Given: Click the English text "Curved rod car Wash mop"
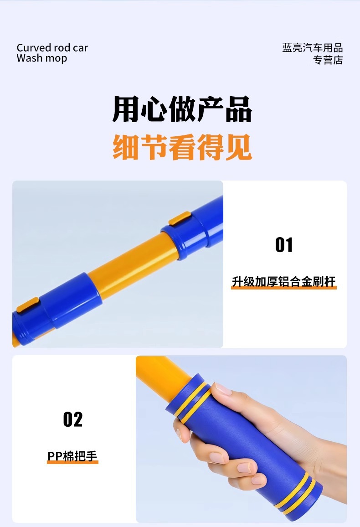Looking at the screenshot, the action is pyautogui.click(x=52, y=53).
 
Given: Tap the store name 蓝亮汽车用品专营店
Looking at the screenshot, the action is pyautogui.click(x=312, y=54).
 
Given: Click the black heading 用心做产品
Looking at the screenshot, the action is pyautogui.click(x=182, y=109).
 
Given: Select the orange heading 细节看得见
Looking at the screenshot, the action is pyautogui.click(x=182, y=147).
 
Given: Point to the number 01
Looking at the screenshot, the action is pyautogui.click(x=284, y=245).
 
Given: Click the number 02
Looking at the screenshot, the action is pyautogui.click(x=72, y=419).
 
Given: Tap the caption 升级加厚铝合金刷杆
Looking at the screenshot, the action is pyautogui.click(x=284, y=281).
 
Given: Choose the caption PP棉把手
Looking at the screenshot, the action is pyautogui.click(x=72, y=456).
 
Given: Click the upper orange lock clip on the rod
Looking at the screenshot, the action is pyautogui.click(x=180, y=218).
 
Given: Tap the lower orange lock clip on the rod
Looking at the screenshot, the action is pyautogui.click(x=28, y=305).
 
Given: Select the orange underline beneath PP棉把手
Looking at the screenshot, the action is pyautogui.click(x=72, y=462).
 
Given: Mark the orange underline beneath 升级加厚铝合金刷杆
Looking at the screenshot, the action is pyautogui.click(x=284, y=287).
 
